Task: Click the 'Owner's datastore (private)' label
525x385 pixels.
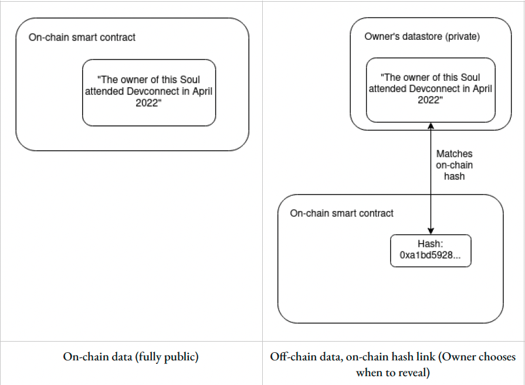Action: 422,36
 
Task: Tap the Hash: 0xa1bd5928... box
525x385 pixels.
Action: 431,251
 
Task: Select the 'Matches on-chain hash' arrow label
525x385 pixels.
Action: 455,165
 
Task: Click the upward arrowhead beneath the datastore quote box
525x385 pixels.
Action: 431,126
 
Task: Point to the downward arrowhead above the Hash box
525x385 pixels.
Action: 431,231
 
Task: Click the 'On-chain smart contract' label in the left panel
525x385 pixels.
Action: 82,37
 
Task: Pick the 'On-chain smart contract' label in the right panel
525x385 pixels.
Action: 341,213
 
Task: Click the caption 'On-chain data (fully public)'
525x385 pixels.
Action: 131,357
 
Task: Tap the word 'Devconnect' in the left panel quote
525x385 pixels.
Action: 152,91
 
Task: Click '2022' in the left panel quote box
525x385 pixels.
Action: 146,103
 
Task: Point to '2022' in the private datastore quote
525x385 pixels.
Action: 428,100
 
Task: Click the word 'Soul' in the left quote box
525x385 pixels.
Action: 190,80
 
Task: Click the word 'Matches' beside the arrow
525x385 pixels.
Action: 455,154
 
